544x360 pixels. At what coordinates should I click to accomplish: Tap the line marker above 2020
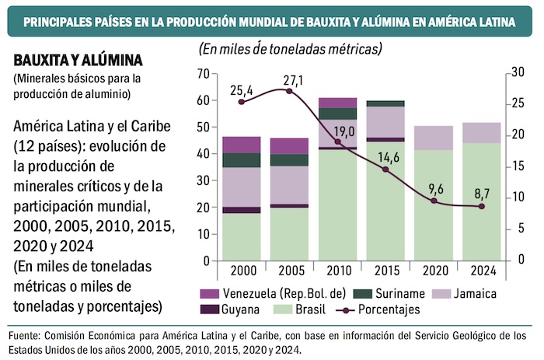click(434, 201)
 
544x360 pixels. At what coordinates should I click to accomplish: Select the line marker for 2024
click(481, 206)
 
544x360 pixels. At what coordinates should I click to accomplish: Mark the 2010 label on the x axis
click(337, 270)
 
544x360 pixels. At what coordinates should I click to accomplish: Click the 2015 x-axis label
click(385, 270)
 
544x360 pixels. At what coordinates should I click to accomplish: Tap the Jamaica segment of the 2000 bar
click(241, 187)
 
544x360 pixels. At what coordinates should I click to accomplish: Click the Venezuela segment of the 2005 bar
click(289, 146)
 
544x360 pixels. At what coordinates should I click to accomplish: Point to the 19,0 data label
click(343, 131)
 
